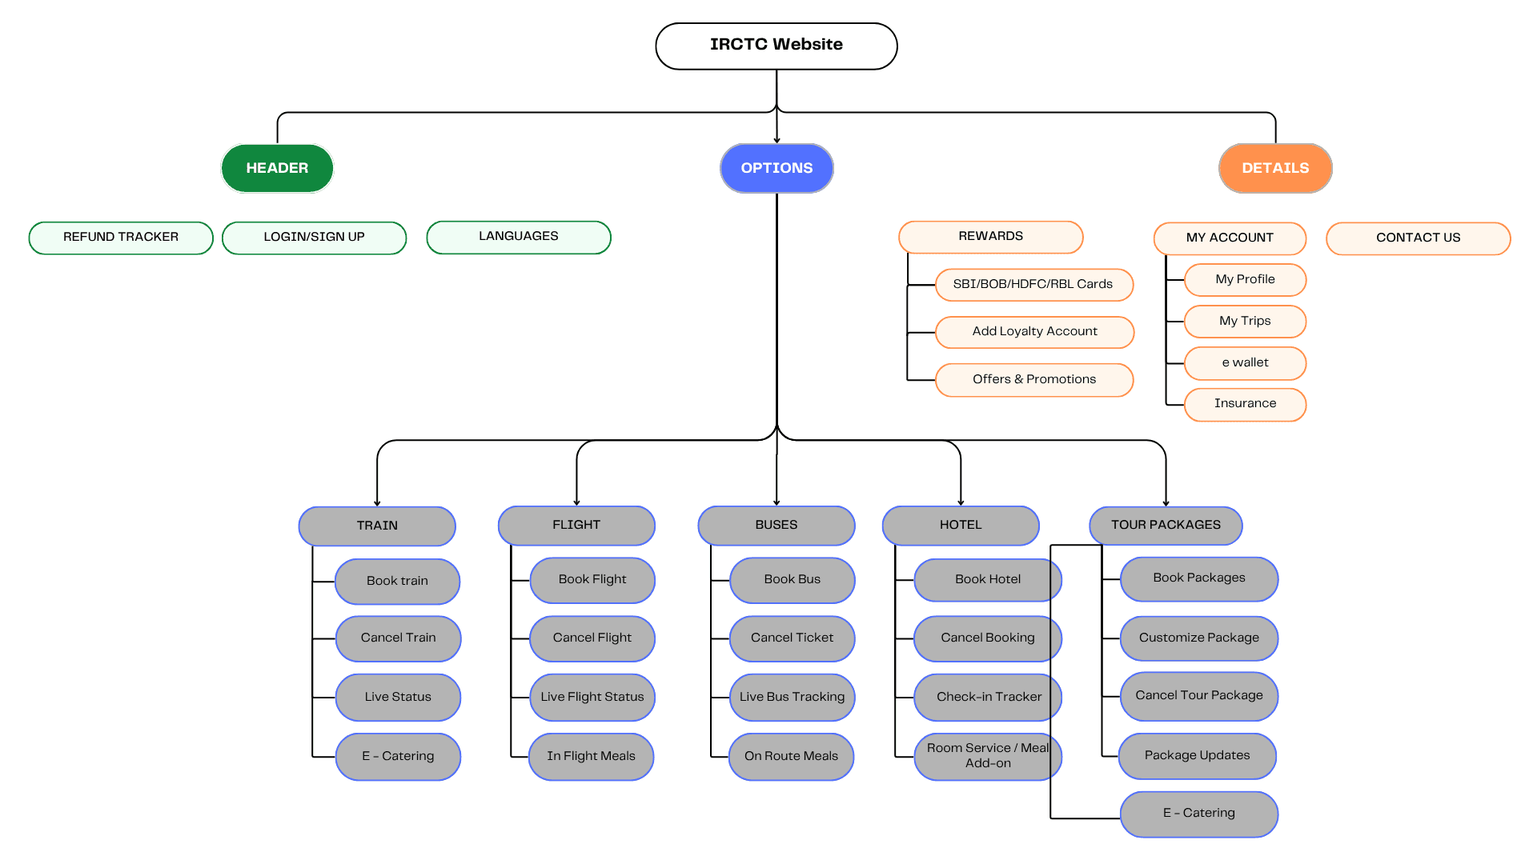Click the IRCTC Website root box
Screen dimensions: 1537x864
pos(776,46)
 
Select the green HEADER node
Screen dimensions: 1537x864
pos(277,168)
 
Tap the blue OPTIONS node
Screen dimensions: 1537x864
pos(777,168)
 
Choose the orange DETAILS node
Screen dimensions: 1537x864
pos(1275,168)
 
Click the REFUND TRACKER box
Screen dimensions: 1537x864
pos(121,238)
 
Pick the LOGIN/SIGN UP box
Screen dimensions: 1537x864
pos(314,238)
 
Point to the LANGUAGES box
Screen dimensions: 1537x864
pos(519,237)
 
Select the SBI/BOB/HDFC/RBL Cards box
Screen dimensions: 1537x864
pos(1034,285)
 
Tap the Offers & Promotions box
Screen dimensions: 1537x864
pos(1034,380)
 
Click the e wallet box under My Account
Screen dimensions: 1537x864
pos(1245,363)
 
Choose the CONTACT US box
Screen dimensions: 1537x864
pos(1418,238)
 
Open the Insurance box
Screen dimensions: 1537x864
pos(1245,404)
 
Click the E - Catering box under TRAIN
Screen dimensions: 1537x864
pos(398,757)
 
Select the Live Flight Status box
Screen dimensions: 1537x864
pos(592,698)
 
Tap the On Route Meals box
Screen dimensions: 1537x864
pos(791,757)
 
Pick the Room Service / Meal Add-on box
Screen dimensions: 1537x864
pos(988,757)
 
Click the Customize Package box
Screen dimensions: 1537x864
pos(1198,638)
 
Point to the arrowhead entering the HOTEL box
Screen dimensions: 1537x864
pos(961,502)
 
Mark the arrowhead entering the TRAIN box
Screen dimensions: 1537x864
pos(377,503)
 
